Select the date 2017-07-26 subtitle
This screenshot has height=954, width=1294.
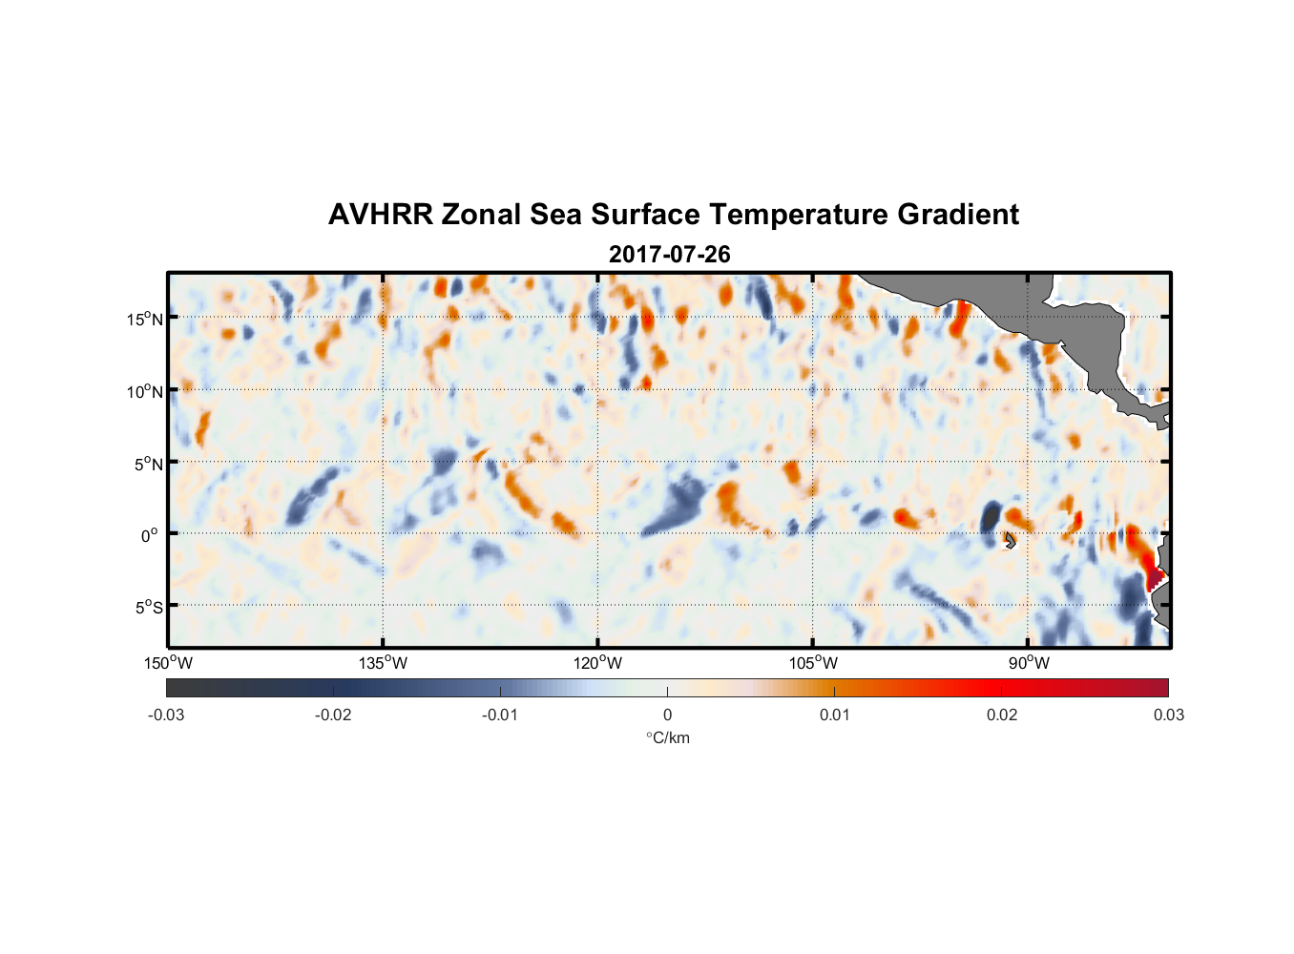669,255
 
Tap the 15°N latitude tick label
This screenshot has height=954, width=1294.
144,319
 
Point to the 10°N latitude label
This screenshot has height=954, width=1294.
144,391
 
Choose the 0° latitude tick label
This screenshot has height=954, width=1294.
150,535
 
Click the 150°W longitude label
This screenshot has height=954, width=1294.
168,663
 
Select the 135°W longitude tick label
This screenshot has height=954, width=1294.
383,663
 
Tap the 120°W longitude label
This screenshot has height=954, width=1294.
597,663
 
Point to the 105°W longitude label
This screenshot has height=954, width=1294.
813,663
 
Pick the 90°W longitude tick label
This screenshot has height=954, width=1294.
1028,663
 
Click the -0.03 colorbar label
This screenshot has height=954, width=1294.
166,715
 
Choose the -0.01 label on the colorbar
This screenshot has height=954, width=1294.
500,715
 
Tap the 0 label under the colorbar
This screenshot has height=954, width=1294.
667,715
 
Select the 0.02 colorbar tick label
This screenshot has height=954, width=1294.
1002,715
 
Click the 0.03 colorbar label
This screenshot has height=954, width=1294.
1168,715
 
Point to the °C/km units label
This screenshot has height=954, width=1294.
667,737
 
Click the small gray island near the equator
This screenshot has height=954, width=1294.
1010,540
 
